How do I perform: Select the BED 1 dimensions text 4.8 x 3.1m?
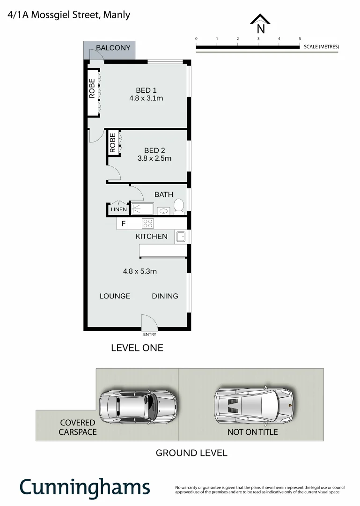coord(146,98)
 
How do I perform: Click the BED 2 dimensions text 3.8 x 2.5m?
coord(154,158)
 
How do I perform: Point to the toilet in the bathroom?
coord(178,206)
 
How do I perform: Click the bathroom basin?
coord(163,210)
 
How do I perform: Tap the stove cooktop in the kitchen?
coord(148,223)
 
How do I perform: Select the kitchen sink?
coord(181,237)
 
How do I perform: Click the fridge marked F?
coord(123,223)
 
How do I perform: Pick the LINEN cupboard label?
coord(118,210)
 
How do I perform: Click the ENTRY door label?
coord(150,335)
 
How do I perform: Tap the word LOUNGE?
coord(115,296)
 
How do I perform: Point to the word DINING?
coord(165,296)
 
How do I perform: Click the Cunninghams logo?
coord(85,487)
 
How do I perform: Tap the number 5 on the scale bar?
coord(300,38)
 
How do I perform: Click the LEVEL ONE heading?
coord(137,348)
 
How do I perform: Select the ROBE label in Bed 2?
coord(113,143)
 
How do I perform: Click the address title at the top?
coord(69,15)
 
